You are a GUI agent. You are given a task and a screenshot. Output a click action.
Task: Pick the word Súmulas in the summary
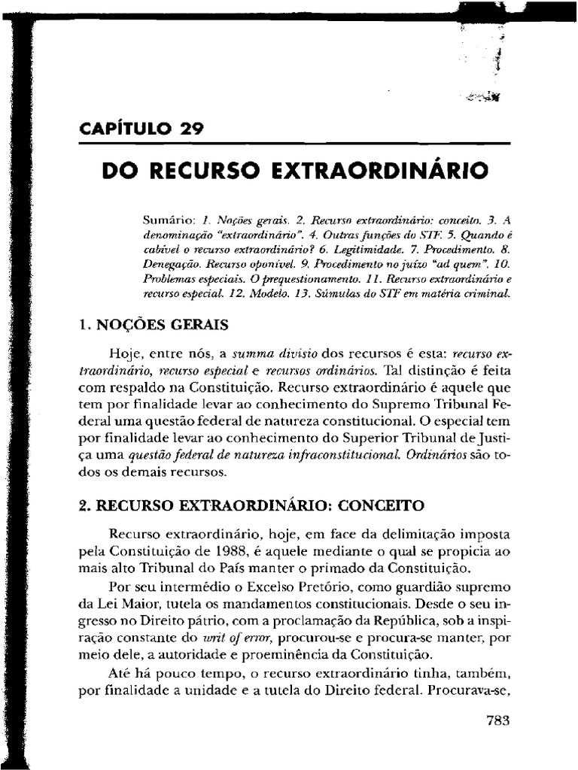[x=372, y=296]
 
